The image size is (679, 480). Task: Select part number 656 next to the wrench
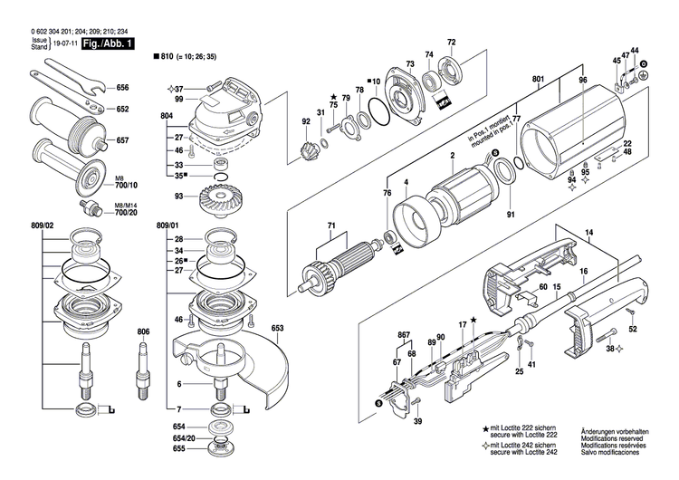[123, 88]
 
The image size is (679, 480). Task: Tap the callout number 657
[123, 140]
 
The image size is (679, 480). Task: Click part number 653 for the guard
[277, 327]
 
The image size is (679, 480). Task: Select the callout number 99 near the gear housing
[179, 99]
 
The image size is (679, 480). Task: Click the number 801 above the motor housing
[538, 80]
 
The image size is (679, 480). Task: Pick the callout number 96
[583, 80]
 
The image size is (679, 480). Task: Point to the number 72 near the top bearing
[452, 43]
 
